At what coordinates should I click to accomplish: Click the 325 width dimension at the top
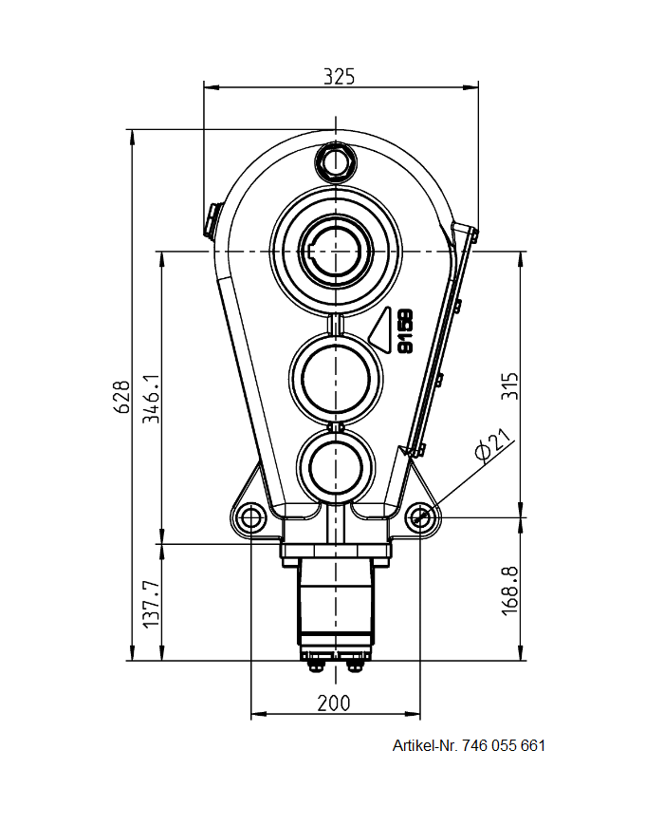pyautogui.click(x=339, y=76)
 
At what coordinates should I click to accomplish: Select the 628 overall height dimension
pyautogui.click(x=121, y=396)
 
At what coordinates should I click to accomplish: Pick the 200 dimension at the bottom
pyautogui.click(x=334, y=703)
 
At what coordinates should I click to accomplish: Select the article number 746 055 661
pyautogui.click(x=504, y=745)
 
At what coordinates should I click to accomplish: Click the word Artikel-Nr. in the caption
pyautogui.click(x=425, y=745)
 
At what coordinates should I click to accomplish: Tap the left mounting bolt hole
pyautogui.click(x=251, y=517)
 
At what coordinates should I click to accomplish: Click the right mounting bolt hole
pyautogui.click(x=420, y=517)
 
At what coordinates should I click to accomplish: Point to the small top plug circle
pyautogui.click(x=335, y=162)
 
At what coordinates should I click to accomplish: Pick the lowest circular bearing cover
pyautogui.click(x=335, y=464)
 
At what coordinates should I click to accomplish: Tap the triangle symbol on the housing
pyautogui.click(x=383, y=331)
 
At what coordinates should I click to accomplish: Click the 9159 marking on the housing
pyautogui.click(x=405, y=331)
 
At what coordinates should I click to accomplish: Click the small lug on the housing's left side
pyautogui.click(x=211, y=218)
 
